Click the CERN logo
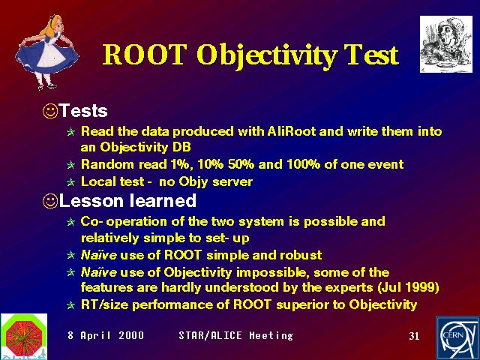tap(458, 338)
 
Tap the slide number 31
tap(414, 336)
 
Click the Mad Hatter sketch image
tap(446, 44)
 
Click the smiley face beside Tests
tap(50, 111)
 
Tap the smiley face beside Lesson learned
tap(50, 202)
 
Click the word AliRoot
tap(292, 131)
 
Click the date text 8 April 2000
tap(106, 335)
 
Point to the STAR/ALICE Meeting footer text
tap(235, 335)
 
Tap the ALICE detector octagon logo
tap(24, 335)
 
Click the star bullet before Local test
tap(71, 182)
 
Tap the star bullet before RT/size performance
tap(71, 305)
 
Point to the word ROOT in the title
tap(145, 55)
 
